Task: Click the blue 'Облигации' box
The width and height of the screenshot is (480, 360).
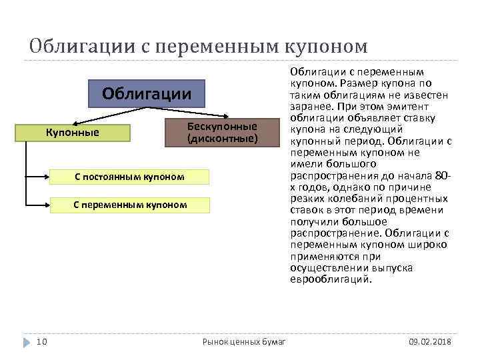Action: [147, 94]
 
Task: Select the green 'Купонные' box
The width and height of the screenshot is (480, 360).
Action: [72, 133]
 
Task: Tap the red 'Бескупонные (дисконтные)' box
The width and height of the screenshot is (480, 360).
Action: [222, 133]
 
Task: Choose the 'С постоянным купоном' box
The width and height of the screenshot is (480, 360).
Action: [129, 176]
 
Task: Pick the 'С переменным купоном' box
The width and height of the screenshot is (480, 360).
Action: [130, 204]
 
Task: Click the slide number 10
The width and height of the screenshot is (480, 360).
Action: [41, 341]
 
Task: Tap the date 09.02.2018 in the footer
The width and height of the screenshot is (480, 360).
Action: [429, 341]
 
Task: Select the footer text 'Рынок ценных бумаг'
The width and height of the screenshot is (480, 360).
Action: [244, 342]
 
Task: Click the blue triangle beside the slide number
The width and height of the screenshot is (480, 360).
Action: [27, 341]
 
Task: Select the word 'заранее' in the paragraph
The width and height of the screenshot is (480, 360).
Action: [309, 106]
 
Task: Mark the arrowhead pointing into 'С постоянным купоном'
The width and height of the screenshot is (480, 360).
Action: [49, 177]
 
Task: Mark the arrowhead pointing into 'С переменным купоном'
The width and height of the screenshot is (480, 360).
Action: [49, 205]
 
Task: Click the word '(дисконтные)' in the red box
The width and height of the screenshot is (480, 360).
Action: [222, 139]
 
